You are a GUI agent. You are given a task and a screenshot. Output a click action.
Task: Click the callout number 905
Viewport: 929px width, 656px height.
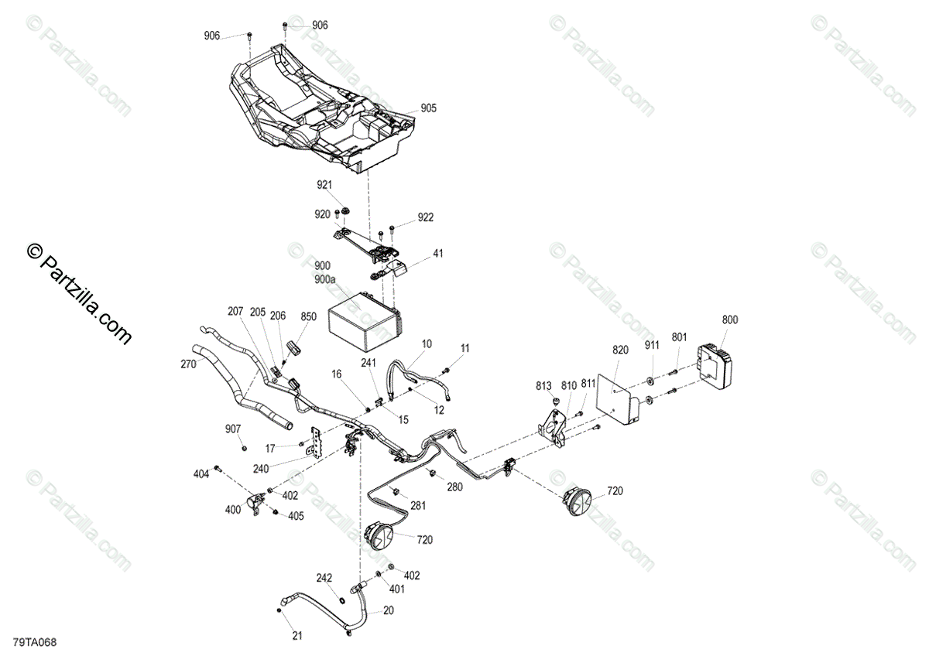[428, 109]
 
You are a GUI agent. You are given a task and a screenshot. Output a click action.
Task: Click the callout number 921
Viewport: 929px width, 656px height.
[324, 186]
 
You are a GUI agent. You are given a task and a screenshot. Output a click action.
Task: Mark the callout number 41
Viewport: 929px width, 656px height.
[438, 254]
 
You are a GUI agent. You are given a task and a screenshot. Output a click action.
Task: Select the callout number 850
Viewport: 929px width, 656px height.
[308, 316]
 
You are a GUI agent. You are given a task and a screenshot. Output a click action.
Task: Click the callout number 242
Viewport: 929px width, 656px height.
[324, 578]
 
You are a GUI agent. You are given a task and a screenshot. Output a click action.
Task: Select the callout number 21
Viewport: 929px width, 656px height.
[297, 637]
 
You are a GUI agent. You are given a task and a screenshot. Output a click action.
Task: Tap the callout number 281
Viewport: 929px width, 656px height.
[418, 507]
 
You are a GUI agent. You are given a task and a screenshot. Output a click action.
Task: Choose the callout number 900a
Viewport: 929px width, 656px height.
[325, 278]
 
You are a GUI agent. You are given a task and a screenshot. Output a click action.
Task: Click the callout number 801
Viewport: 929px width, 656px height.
[678, 337]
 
